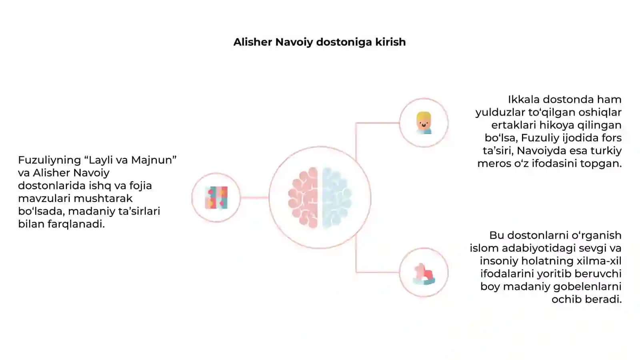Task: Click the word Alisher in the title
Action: point(252,42)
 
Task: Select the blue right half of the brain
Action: point(337,198)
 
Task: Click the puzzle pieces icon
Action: point(216,198)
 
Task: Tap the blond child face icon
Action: point(424,123)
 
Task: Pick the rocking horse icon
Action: point(424,274)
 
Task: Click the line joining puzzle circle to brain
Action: point(254,198)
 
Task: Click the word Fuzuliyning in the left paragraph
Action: point(50,160)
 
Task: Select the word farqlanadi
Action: point(76,224)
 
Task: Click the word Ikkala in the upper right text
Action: point(524,100)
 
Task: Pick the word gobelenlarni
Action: point(590,286)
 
